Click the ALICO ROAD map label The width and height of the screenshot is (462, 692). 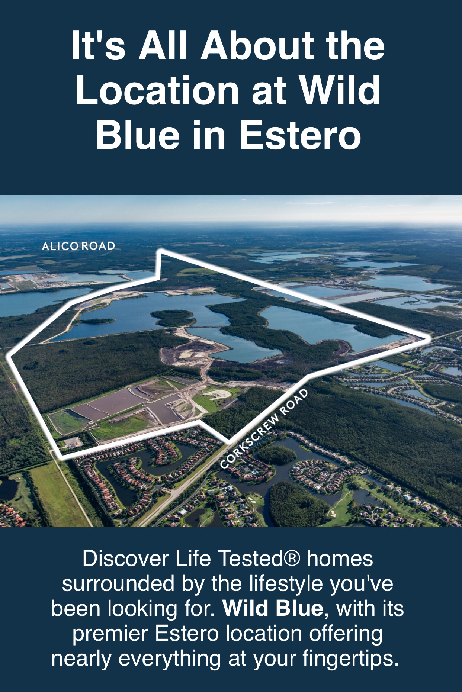pos(78,246)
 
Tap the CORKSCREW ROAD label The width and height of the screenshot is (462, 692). pos(264,429)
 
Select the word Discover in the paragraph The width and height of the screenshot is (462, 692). pos(126,559)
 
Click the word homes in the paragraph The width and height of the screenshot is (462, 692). pos(340,559)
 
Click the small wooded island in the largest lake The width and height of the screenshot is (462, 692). pos(173,317)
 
